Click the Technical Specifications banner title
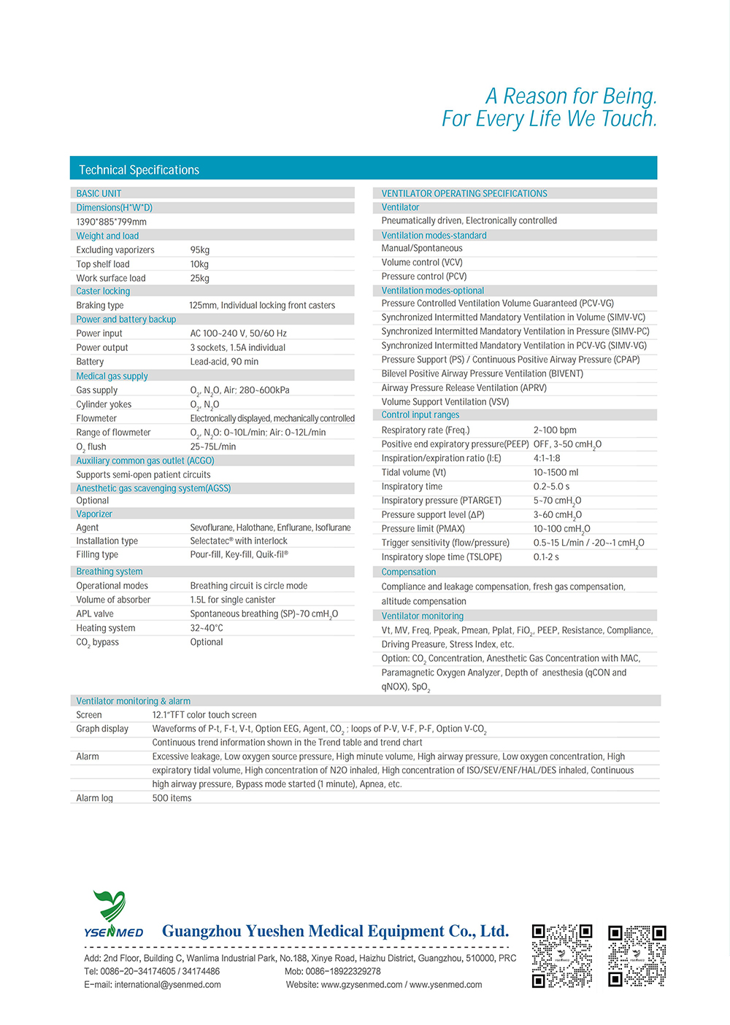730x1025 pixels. point(139,170)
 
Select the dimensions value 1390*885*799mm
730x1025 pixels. point(111,222)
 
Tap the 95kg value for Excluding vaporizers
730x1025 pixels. point(200,250)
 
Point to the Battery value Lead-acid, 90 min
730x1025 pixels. point(224,362)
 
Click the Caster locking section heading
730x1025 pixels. point(103,291)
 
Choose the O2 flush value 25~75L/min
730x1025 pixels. point(213,446)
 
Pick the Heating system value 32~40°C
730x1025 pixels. point(207,628)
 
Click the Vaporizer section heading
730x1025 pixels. point(94,514)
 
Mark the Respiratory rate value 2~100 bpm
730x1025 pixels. point(555,430)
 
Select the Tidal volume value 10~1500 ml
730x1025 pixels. point(556,473)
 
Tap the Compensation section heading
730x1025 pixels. point(409,573)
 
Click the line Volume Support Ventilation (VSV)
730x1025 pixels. point(445,402)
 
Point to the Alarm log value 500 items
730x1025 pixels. point(172,798)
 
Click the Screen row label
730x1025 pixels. point(89,715)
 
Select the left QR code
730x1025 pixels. point(561,956)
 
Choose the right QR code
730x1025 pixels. point(637,956)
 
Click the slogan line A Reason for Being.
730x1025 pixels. point(572,96)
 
